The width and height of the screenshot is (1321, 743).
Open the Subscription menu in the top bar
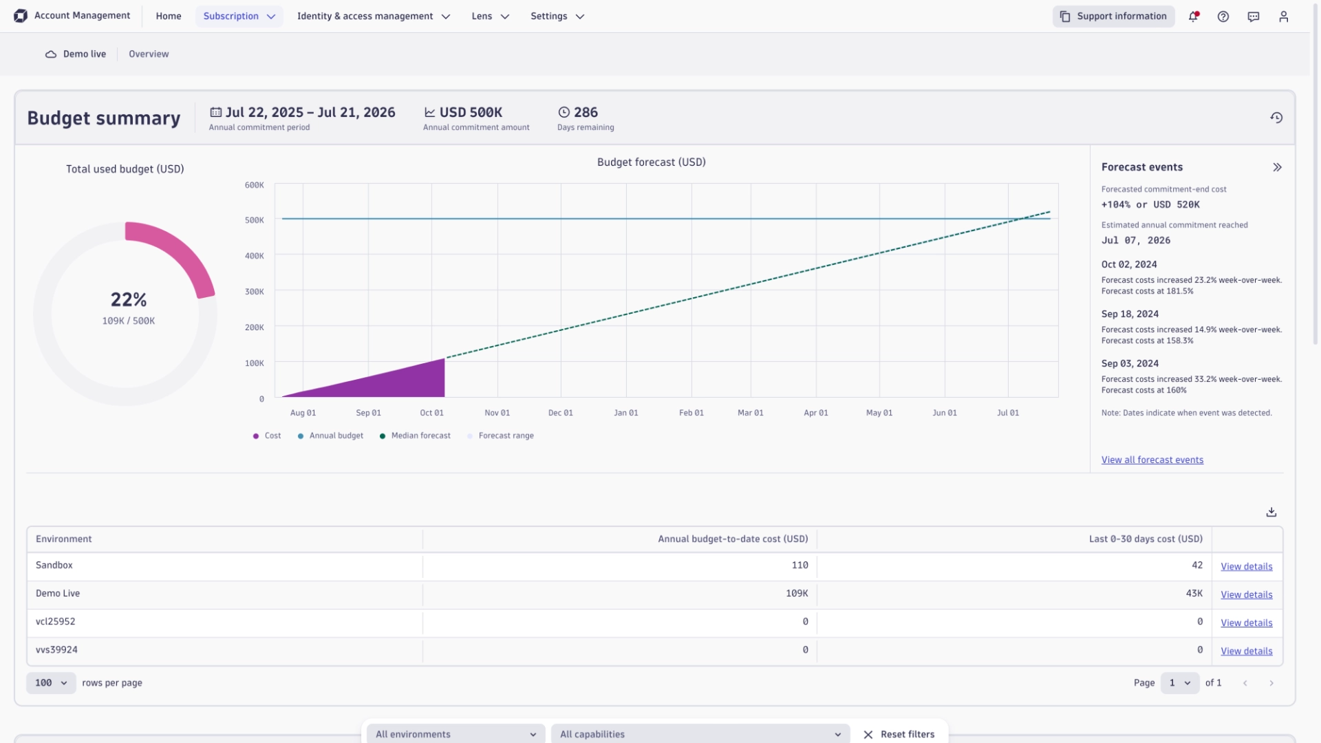click(239, 16)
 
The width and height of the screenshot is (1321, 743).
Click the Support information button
click(1113, 16)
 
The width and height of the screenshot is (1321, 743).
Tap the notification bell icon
click(1193, 17)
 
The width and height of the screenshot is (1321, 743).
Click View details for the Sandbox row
click(1246, 566)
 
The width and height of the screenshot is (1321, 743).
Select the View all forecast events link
click(1152, 460)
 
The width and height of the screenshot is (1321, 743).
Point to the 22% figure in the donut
click(129, 299)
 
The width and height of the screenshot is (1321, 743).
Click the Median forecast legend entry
click(420, 435)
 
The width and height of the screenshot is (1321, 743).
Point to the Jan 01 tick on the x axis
click(625, 413)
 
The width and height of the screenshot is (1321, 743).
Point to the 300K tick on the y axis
click(254, 292)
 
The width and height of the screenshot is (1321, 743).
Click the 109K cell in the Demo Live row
click(797, 593)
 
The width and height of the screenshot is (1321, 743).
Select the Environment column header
click(63, 539)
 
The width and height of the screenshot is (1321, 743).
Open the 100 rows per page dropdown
click(51, 682)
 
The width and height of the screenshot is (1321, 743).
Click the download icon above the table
click(1271, 512)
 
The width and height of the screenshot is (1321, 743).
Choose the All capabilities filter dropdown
click(700, 734)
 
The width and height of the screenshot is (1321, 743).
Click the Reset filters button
click(899, 734)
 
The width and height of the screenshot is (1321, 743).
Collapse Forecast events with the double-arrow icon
click(1277, 167)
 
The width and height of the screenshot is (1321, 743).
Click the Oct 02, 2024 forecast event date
click(1128, 264)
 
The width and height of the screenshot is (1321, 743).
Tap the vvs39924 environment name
click(56, 649)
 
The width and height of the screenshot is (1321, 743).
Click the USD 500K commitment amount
click(471, 112)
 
